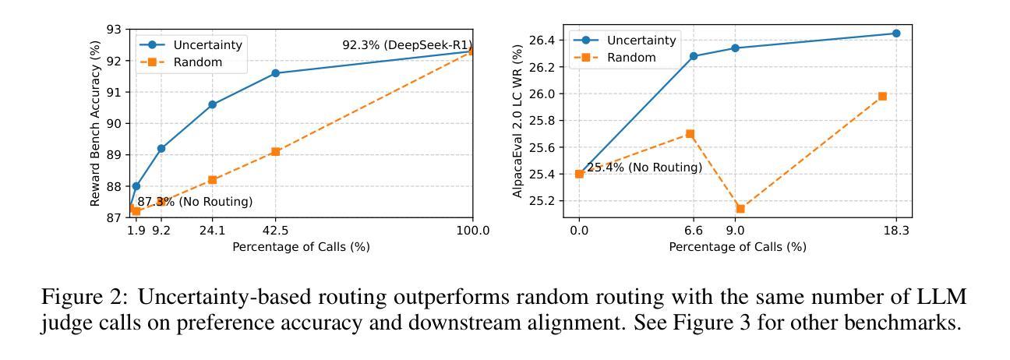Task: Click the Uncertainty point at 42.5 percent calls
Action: (275, 73)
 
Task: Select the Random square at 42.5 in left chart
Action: (275, 151)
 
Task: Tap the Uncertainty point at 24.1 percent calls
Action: (212, 104)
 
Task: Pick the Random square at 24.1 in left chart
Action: (212, 179)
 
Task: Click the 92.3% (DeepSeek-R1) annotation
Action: (407, 45)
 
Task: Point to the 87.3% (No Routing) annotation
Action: (195, 202)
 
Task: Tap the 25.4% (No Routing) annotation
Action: (644, 168)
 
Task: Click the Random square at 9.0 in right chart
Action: (740, 208)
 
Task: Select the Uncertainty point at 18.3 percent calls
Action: (895, 34)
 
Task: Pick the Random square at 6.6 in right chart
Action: (690, 134)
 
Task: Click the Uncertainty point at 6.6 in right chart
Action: (694, 56)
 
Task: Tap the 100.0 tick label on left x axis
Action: (472, 231)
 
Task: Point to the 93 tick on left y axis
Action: (115, 30)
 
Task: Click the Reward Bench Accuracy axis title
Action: (96, 123)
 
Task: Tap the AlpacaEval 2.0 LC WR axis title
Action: (517, 121)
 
